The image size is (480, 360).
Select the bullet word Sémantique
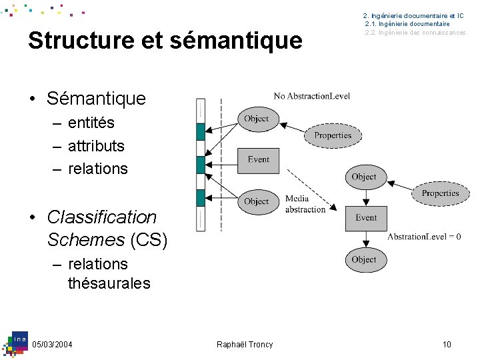point(96,99)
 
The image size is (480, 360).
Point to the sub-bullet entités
point(91,123)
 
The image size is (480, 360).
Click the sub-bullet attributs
point(96,145)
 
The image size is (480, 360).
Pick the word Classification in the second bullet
point(101,217)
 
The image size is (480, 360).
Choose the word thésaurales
point(109,283)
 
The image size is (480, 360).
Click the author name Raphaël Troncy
point(245,344)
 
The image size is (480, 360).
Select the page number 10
point(447,344)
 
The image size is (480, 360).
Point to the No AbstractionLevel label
point(311,96)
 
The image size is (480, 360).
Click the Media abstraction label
point(305,204)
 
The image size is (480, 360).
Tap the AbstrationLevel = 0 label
point(424,237)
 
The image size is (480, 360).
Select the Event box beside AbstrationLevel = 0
point(366,218)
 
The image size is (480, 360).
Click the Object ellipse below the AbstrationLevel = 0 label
point(364,259)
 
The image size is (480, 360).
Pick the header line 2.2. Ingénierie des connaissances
point(415,33)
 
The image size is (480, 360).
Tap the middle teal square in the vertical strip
point(201,165)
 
